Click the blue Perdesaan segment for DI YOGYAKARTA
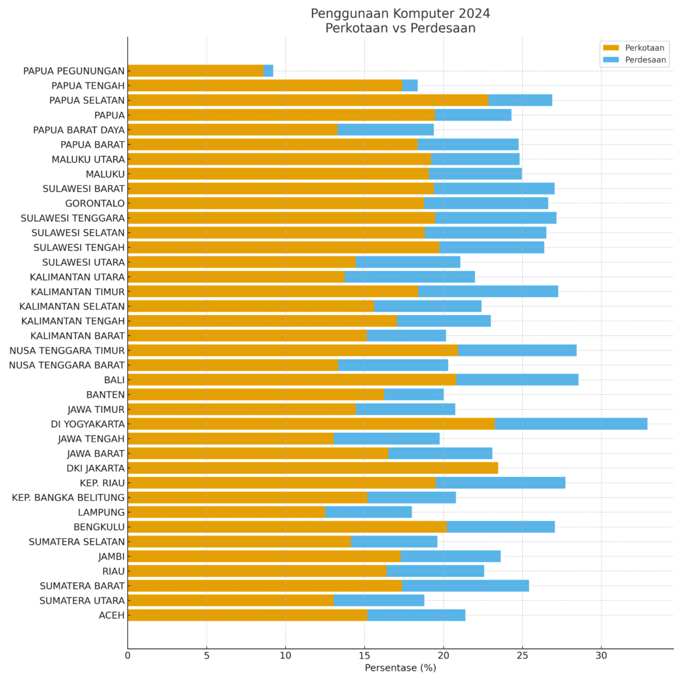[x=571, y=424]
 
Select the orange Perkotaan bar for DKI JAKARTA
[x=312, y=468]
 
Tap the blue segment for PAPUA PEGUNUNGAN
[x=268, y=71]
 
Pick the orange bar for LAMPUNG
[x=226, y=511]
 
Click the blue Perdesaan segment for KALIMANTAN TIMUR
[x=488, y=291]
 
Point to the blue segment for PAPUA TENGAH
[x=410, y=85]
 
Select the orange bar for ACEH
[x=247, y=615]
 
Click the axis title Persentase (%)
[x=400, y=668]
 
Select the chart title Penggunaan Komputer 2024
[x=400, y=14]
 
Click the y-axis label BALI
[x=114, y=380]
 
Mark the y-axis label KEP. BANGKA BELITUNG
[x=68, y=498]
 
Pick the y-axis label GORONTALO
[x=95, y=203]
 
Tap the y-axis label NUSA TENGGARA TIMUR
[x=67, y=350]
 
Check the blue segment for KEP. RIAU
[x=500, y=482]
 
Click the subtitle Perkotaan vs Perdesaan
[x=400, y=29]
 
